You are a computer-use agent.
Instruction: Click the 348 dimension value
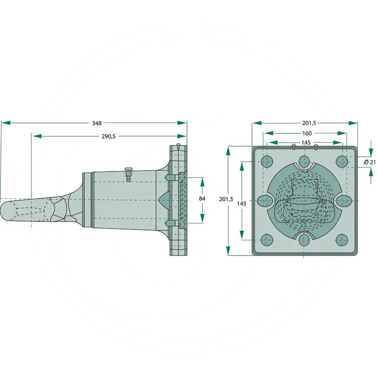click(x=97, y=123)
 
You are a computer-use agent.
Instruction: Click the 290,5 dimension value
click(x=108, y=136)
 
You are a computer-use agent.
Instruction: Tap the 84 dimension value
click(x=202, y=198)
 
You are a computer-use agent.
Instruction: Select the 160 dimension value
click(x=307, y=133)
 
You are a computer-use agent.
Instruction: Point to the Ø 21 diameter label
click(x=370, y=162)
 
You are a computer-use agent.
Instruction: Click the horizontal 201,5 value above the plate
click(x=309, y=123)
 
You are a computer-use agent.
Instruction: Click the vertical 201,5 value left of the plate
click(x=226, y=199)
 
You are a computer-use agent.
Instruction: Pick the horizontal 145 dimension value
click(x=306, y=143)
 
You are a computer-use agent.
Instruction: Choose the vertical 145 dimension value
click(x=242, y=204)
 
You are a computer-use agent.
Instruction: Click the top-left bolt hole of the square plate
click(x=267, y=161)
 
